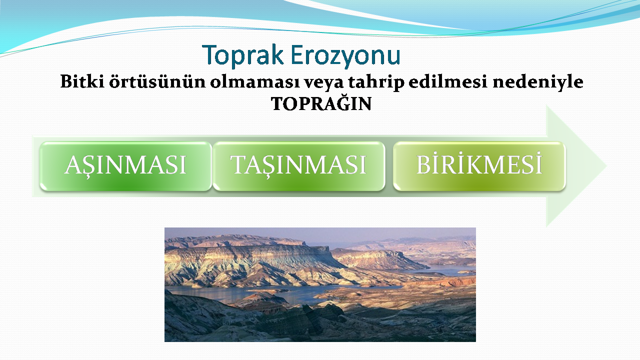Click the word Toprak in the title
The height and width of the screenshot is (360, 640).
point(242,55)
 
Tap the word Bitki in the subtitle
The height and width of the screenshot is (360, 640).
point(82,81)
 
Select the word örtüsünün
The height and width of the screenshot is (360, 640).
point(157,81)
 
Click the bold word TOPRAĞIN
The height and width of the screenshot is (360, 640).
point(321,103)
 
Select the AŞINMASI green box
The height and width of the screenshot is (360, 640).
point(125,166)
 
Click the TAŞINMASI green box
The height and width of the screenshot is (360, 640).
point(299,166)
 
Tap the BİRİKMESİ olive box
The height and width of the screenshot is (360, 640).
point(479,166)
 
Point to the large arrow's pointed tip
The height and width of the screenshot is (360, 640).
point(606,166)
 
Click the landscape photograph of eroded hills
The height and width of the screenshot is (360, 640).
point(320,284)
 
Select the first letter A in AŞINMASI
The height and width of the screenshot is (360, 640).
point(73,164)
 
